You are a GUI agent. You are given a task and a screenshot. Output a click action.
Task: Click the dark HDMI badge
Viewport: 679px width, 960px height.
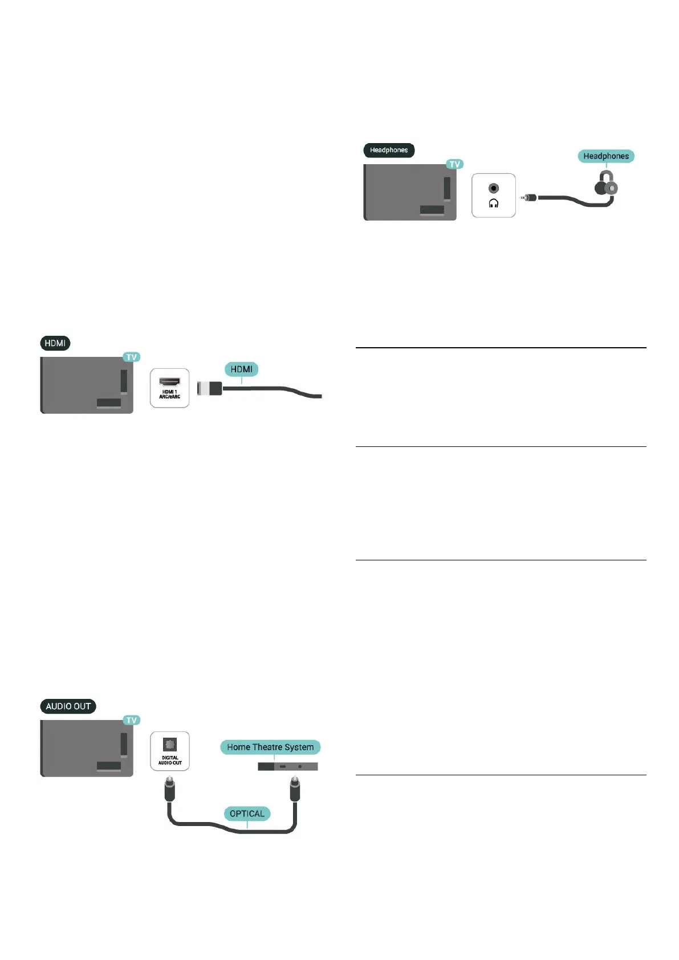click(x=55, y=343)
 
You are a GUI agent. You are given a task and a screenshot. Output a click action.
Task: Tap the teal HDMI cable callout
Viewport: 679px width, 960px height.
click(x=241, y=369)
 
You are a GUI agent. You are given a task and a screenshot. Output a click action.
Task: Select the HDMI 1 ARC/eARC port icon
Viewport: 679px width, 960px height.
click(x=169, y=382)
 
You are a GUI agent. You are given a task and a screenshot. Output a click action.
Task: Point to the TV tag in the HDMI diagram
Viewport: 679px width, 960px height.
click(x=132, y=357)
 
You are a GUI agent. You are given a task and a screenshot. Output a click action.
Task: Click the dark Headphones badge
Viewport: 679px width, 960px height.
click(x=389, y=150)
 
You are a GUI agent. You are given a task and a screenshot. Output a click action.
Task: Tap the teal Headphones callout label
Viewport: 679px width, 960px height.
click(x=605, y=156)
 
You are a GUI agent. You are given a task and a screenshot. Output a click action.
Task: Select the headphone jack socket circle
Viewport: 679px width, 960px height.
click(x=494, y=189)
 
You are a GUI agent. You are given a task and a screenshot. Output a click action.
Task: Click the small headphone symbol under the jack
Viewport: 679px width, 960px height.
click(x=494, y=204)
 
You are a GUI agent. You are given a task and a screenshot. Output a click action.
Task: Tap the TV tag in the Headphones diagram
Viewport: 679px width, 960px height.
click(x=454, y=164)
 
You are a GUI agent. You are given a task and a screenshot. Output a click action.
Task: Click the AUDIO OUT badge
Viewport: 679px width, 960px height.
click(x=68, y=706)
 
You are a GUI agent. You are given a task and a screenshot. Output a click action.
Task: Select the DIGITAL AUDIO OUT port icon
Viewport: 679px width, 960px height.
click(x=170, y=745)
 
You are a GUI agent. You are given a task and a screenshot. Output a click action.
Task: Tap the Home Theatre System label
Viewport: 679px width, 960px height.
click(x=270, y=747)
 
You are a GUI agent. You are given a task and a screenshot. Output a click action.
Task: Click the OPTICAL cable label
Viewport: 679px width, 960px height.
click(x=247, y=813)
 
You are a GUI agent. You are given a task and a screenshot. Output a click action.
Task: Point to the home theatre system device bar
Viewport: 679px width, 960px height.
click(x=287, y=767)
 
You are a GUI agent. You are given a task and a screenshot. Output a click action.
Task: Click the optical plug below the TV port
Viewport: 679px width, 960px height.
click(x=170, y=790)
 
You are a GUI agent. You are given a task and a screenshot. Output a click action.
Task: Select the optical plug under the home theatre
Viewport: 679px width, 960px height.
click(x=294, y=790)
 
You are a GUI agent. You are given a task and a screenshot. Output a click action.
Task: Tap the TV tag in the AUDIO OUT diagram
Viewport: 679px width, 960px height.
click(x=132, y=721)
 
